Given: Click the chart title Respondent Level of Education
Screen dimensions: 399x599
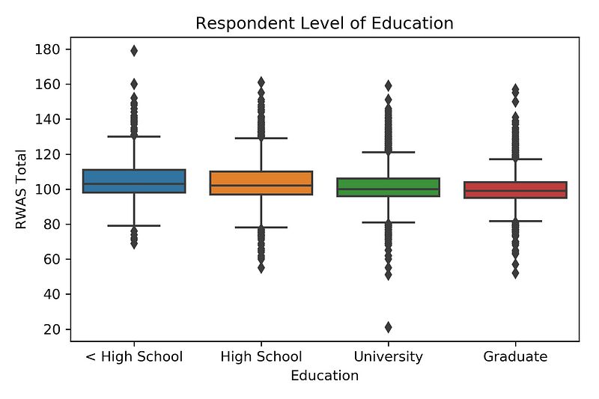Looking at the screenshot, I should click(324, 23).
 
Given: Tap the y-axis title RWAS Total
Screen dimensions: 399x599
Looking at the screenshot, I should click(22, 189).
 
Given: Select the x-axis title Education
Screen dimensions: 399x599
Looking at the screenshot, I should click(324, 376).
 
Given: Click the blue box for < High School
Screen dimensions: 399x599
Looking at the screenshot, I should click(134, 177).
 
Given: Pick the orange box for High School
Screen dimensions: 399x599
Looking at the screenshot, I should click(261, 177).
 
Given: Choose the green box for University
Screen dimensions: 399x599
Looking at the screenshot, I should click(388, 183).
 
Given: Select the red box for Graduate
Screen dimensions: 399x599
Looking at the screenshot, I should click(515, 186).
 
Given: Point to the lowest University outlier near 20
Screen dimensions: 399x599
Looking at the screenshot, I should click(388, 327).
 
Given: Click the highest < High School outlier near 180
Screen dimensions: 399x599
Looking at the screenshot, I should click(134, 51).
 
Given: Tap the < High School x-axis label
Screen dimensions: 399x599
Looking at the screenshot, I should click(134, 356).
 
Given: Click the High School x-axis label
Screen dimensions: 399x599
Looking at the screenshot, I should click(261, 356).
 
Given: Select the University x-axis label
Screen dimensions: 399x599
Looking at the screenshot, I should click(388, 356).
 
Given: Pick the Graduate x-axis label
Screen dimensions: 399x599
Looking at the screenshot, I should click(515, 356).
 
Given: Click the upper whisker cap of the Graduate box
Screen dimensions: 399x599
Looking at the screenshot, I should click(515, 159).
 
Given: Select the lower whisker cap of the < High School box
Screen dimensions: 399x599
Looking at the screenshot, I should click(134, 225).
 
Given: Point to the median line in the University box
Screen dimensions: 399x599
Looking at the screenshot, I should click(388, 189).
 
